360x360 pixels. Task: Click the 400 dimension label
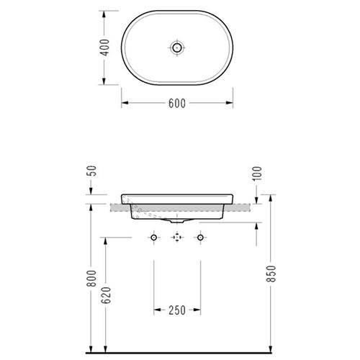point(104,48)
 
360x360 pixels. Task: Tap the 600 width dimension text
point(177,104)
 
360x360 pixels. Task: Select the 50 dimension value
point(93,171)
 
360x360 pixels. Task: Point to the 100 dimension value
point(258,174)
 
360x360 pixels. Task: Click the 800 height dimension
point(91,279)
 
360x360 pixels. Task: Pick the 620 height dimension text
point(106,295)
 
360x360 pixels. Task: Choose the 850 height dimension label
point(271,274)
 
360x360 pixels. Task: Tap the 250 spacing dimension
point(177,310)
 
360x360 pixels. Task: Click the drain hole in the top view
point(177,48)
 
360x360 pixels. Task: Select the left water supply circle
point(154,238)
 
